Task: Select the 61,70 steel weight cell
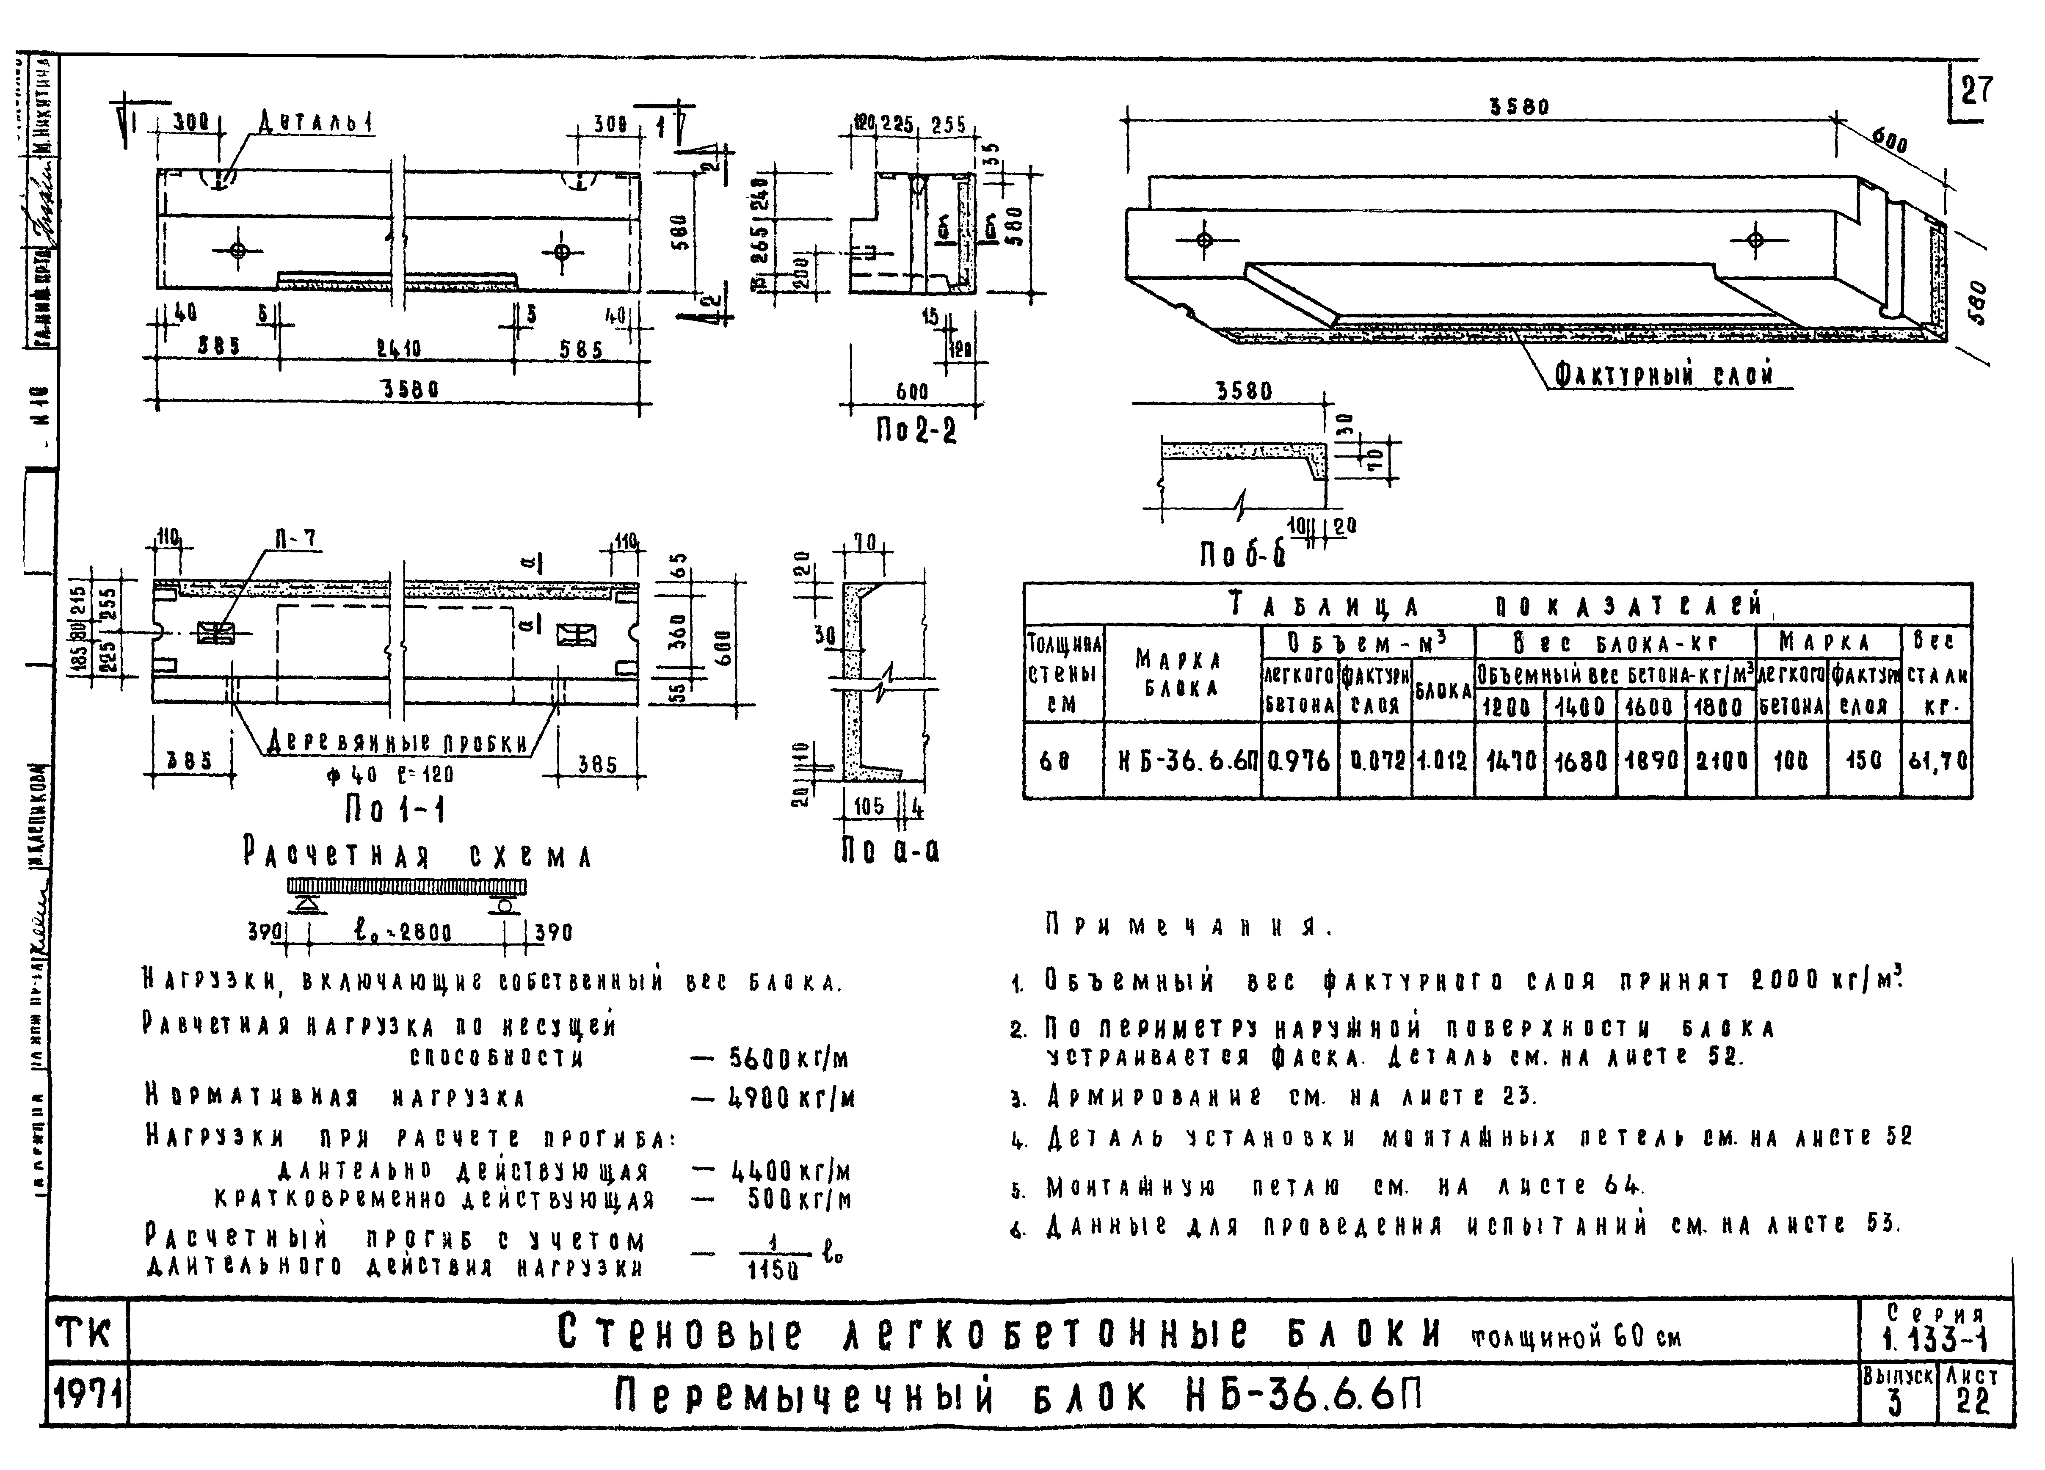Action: pyautogui.click(x=1937, y=760)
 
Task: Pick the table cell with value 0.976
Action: pyautogui.click(x=1298, y=760)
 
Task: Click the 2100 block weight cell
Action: pyautogui.click(x=1720, y=760)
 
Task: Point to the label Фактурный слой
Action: pyautogui.click(x=1664, y=373)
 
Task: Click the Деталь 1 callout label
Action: pyautogui.click(x=316, y=121)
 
